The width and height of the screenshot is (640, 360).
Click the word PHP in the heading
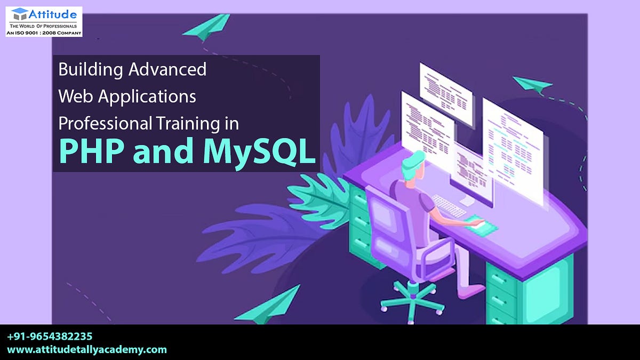[x=91, y=150]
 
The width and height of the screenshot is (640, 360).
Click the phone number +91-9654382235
[x=50, y=337]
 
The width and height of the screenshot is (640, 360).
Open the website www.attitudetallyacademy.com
[x=87, y=350]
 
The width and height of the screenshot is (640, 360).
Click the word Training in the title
[x=186, y=123]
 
